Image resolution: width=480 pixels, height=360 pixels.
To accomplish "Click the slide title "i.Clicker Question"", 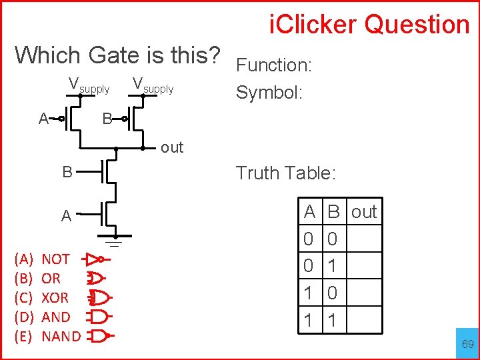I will (369, 25).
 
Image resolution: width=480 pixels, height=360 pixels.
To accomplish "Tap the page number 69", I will (468, 344).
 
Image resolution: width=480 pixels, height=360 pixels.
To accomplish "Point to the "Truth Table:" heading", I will (285, 173).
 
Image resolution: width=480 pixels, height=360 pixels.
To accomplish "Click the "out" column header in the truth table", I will (364, 212).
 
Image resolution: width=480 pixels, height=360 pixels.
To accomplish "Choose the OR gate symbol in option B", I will (95, 277).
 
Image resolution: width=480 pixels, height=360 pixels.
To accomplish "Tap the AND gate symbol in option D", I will (98, 316).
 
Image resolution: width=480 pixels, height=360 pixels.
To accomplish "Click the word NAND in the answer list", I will (61, 336).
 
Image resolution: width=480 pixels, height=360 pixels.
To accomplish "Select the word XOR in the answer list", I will (55, 297).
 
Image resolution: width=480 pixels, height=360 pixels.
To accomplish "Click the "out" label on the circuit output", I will (171, 147).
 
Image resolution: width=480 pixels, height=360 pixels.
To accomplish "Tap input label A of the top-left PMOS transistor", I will (43, 119).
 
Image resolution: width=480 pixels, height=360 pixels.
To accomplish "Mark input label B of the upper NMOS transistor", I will (67, 172).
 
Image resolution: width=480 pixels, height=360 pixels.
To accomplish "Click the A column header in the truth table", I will (309, 212).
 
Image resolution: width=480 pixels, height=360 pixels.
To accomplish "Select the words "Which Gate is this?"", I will (117, 55).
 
